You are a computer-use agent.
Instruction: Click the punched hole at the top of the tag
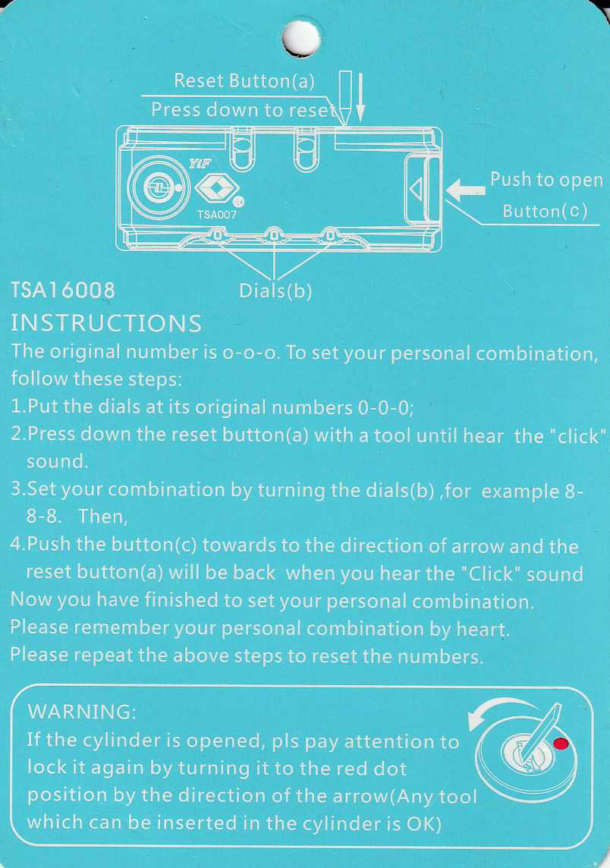tap(301, 38)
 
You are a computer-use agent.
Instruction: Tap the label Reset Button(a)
tap(244, 81)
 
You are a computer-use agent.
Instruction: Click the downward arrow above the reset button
tap(360, 97)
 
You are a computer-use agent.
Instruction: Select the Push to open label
tap(546, 179)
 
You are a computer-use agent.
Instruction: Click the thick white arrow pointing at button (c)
tap(466, 190)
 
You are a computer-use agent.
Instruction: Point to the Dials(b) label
tap(275, 291)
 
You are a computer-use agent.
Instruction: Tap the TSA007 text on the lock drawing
tap(216, 215)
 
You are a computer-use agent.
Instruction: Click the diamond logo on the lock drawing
tap(216, 190)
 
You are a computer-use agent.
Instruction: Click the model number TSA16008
tap(63, 290)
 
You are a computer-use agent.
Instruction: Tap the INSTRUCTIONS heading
tap(106, 323)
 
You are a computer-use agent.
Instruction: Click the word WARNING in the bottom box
tap(81, 712)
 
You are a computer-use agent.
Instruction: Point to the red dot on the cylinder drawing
tap(561, 744)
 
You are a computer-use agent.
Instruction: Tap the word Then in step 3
tap(102, 517)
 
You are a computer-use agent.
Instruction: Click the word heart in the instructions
tap(482, 630)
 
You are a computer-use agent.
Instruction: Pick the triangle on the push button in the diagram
tap(416, 190)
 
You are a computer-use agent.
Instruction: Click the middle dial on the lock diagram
tap(273, 234)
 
